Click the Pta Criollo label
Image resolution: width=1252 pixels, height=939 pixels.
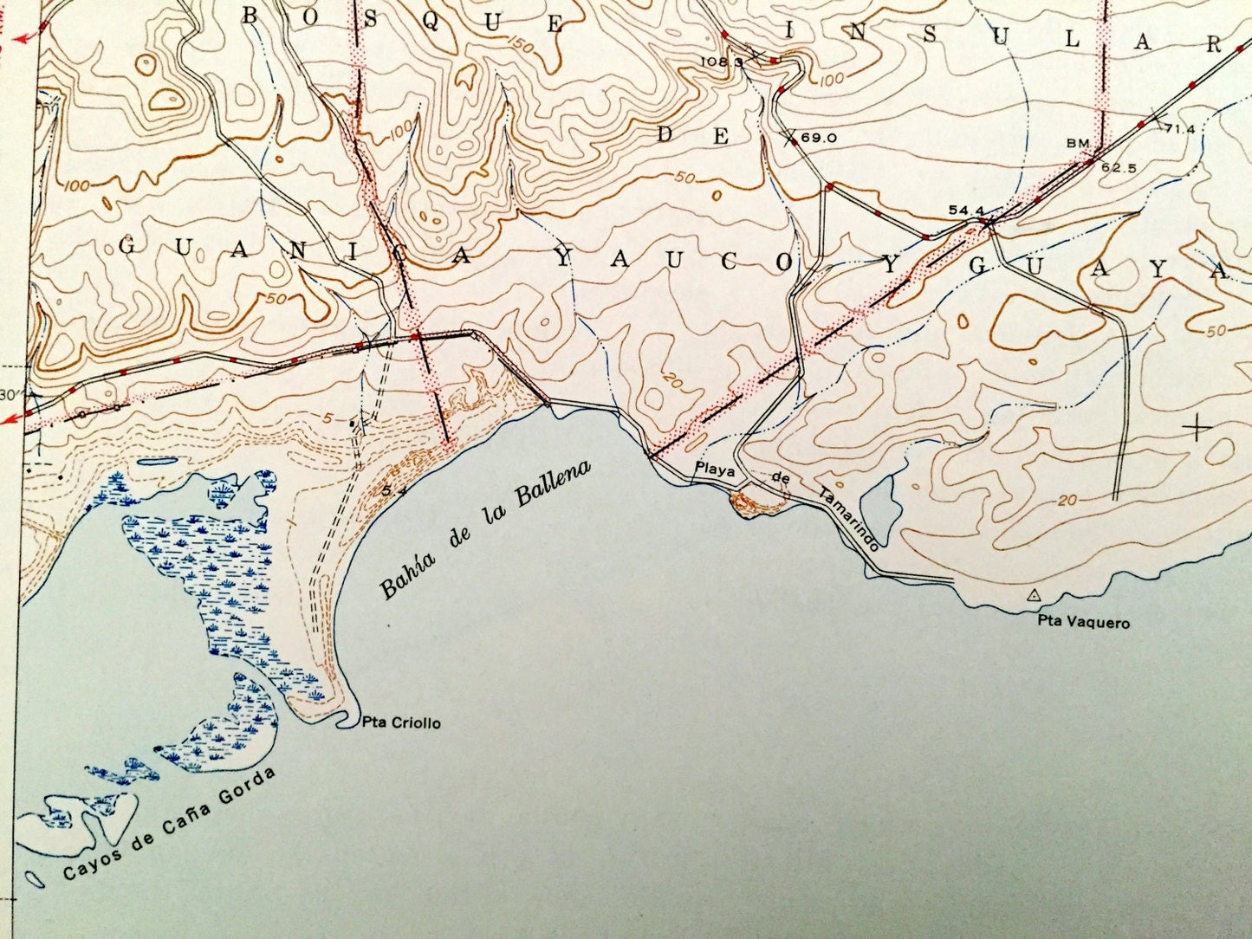pos(401,722)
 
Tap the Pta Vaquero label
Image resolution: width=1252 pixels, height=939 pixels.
pos(1084,622)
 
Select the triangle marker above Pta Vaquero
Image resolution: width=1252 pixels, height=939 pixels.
pos(1033,595)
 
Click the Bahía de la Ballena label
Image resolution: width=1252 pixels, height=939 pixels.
pos(485,530)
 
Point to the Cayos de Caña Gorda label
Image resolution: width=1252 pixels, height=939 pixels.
pos(169,826)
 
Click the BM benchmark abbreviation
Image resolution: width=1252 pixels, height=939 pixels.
pos(1079,144)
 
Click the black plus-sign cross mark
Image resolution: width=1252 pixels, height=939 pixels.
pos(1197,428)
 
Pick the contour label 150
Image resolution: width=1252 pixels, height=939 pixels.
pos(522,44)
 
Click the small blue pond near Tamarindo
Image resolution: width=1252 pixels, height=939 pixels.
pos(880,502)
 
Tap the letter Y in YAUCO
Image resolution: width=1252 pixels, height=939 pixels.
pos(565,257)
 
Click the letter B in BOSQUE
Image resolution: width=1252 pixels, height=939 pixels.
pos(252,15)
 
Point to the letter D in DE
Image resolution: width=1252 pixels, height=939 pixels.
pos(667,134)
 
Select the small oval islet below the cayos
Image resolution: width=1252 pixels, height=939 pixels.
pos(36,878)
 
